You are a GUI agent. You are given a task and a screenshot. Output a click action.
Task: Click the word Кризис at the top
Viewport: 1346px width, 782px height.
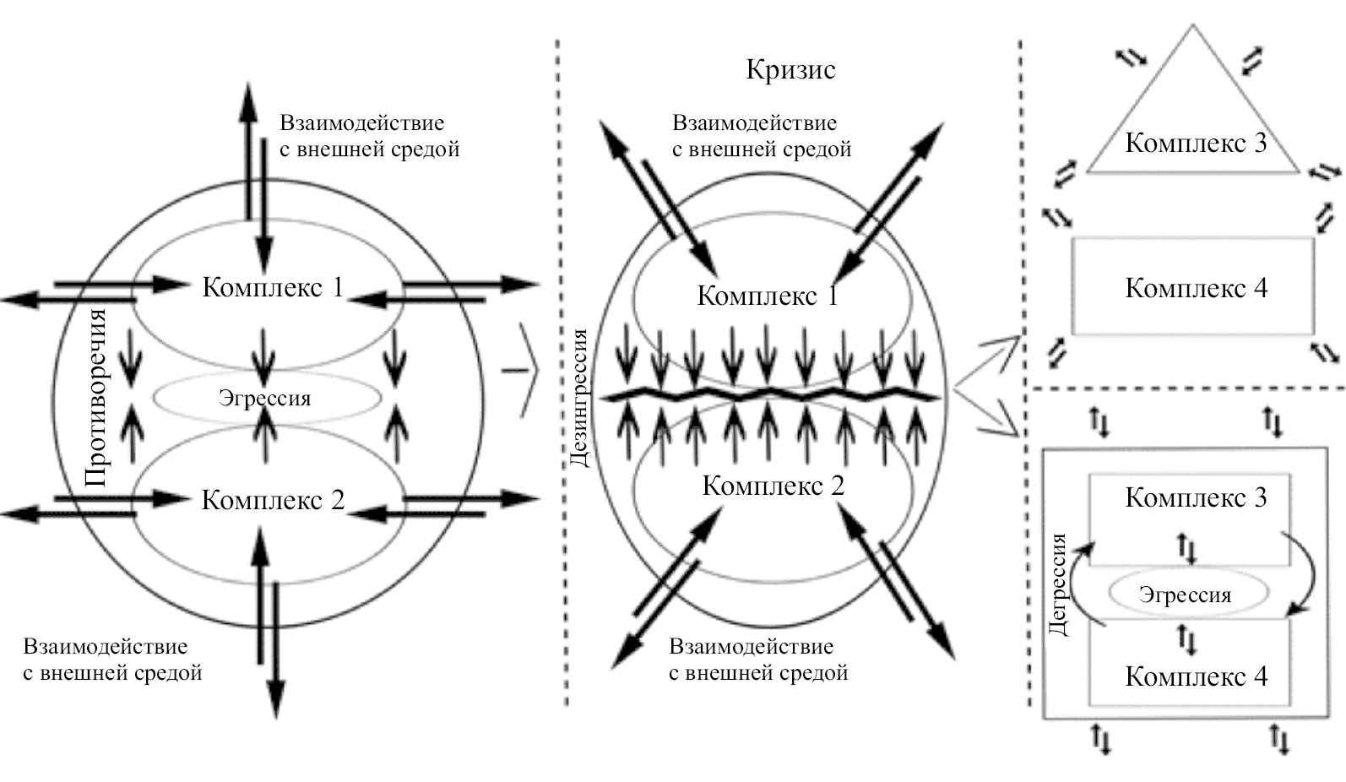click(790, 69)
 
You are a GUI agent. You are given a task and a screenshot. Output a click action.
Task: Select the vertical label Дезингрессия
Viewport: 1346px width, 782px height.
click(579, 397)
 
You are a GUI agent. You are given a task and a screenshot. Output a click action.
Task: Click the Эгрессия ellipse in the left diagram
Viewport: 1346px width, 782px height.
click(265, 398)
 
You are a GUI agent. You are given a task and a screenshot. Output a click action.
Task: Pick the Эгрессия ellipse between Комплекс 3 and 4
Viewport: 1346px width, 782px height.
click(1186, 595)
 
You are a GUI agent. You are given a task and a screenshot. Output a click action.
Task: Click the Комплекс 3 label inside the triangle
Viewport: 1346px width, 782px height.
click(1196, 143)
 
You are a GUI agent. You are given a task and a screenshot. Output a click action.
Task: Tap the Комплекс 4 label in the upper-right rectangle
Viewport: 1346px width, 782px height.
click(1196, 288)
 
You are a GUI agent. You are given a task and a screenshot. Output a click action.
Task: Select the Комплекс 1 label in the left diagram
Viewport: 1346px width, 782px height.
click(273, 287)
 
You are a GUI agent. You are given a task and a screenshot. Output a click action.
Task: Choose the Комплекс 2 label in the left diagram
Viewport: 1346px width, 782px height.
click(273, 500)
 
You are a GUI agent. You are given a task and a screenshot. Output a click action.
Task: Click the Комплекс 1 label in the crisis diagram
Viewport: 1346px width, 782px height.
click(767, 296)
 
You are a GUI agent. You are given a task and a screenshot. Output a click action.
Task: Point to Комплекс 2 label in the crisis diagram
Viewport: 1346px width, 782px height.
click(773, 486)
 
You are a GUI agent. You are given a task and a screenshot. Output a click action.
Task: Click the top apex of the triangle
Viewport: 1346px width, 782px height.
click(1192, 28)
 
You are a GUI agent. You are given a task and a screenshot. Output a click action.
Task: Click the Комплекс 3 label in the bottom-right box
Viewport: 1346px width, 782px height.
click(1196, 497)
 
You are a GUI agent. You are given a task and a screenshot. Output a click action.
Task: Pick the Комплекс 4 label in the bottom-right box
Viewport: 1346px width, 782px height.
click(1196, 676)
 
